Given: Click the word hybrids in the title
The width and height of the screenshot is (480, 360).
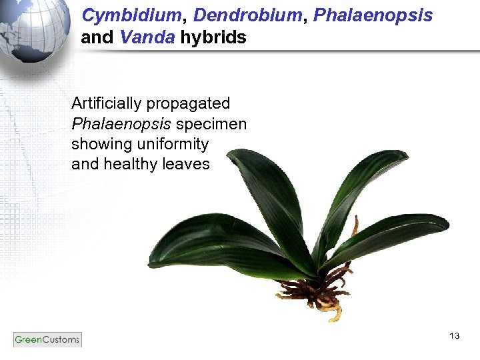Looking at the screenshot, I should click(213, 37).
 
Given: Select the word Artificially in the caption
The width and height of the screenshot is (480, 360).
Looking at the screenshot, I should click(107, 104).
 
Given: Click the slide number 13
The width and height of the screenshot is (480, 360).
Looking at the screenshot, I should click(455, 336).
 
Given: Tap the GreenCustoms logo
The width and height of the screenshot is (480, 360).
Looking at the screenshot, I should click(47, 339).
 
